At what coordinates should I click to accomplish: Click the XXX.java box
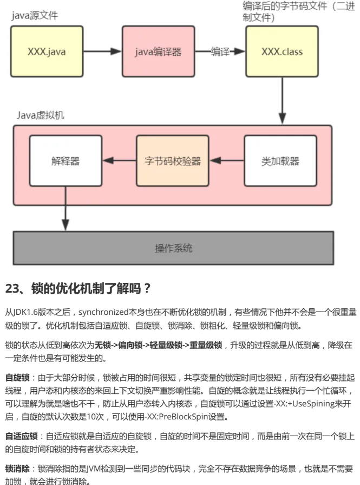click(47, 51)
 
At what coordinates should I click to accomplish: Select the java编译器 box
click(159, 51)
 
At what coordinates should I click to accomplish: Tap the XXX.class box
click(282, 51)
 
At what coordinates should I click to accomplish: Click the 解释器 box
click(66, 161)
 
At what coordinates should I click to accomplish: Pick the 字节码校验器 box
click(173, 161)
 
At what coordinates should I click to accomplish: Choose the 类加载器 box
click(280, 161)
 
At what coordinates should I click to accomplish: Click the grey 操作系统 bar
click(173, 248)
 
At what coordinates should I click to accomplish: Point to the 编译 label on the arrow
click(220, 51)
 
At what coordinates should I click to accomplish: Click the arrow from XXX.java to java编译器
click(103, 51)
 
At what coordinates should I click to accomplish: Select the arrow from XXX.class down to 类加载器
click(282, 101)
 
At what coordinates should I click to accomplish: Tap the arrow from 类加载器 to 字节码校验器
click(227, 160)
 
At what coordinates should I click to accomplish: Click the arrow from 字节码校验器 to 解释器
click(119, 160)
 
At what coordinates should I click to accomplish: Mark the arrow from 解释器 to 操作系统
click(66, 209)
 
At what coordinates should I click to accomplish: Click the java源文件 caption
click(35, 15)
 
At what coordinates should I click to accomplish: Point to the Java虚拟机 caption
click(41, 115)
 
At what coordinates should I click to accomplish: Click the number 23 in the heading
click(12, 288)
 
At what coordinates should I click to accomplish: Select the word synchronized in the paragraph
click(103, 312)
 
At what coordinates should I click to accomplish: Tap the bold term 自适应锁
click(21, 436)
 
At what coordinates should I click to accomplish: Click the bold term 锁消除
click(17, 469)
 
